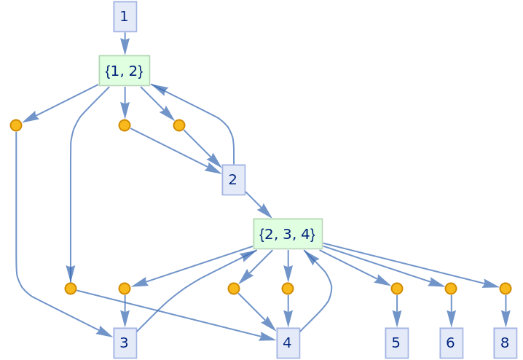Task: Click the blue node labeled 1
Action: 125,16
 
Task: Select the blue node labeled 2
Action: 233,180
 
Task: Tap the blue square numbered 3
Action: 125,343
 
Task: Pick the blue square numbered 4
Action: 288,343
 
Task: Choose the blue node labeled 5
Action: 396,343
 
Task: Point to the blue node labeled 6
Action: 451,343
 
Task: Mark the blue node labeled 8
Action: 505,343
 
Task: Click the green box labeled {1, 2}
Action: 125,71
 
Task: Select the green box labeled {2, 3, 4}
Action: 288,234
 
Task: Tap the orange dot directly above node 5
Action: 396,289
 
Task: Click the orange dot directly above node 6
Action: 451,289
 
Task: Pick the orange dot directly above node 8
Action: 505,289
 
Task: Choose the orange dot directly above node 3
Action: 125,289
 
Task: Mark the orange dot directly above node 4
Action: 288,289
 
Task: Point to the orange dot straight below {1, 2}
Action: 125,125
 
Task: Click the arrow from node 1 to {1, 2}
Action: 125,44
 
